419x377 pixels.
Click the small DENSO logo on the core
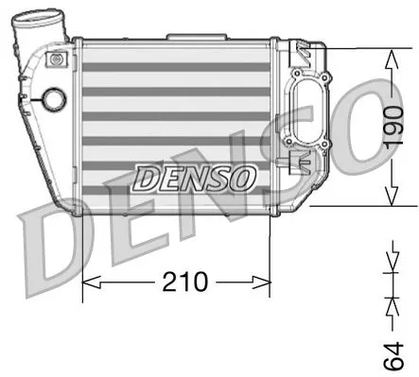pyautogui.click(x=194, y=177)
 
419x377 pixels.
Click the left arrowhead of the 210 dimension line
pyautogui.click(x=90, y=282)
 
